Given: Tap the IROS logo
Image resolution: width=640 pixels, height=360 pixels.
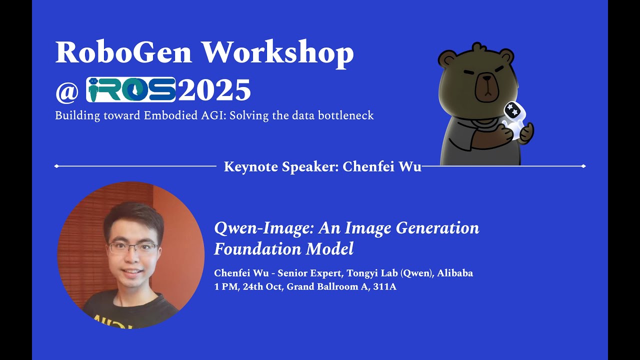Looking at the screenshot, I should click(131, 90).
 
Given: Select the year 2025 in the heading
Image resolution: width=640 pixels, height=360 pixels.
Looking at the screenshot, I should click(214, 90).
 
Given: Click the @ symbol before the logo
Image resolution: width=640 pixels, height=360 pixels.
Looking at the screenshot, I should click(67, 91).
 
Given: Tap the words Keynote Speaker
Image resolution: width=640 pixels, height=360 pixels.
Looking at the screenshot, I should click(280, 166).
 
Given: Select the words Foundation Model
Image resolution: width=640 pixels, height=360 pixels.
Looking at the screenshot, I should click(283, 248).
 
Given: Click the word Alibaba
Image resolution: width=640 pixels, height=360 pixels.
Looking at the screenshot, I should click(455, 273).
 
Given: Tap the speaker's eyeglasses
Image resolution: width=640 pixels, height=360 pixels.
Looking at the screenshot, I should click(133, 247).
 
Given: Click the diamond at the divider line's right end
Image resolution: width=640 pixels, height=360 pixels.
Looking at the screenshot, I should click(583, 166).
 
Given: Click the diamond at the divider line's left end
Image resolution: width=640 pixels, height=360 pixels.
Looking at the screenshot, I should click(56, 166).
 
